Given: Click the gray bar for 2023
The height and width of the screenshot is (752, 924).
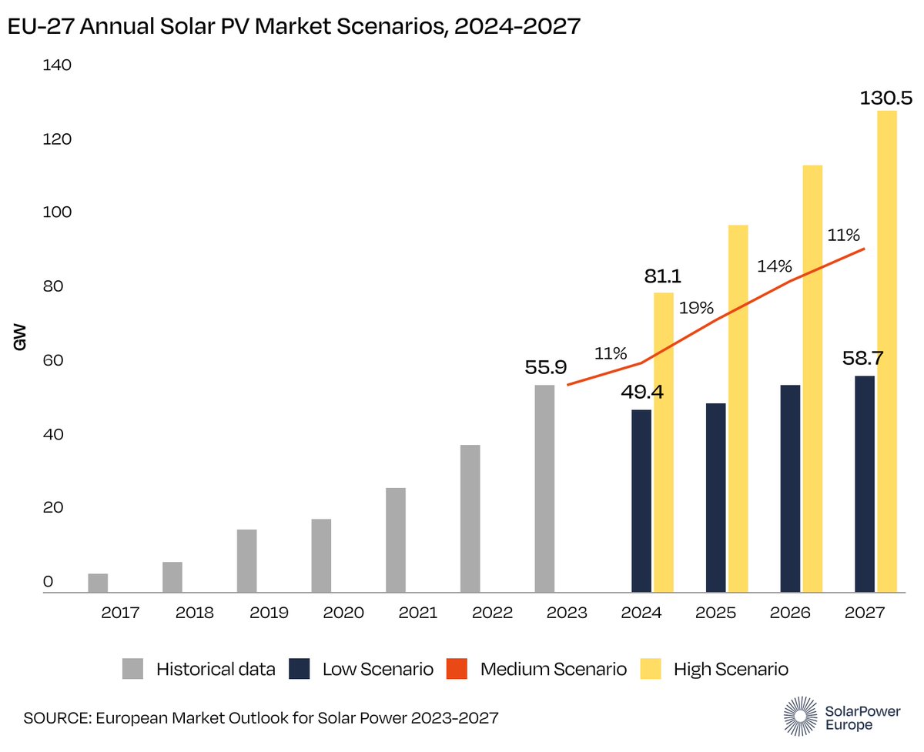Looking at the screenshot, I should pyautogui.click(x=544, y=488).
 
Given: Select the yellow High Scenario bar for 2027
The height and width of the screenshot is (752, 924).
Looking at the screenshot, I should pyautogui.click(x=887, y=351).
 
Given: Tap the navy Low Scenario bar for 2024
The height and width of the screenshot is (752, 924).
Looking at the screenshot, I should pyautogui.click(x=641, y=500).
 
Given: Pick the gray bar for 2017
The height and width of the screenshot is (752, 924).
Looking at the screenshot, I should pyautogui.click(x=98, y=583).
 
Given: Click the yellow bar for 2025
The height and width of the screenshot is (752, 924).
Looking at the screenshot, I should pyautogui.click(x=738, y=408).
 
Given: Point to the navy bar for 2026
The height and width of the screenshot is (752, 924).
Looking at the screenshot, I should pyautogui.click(x=790, y=488).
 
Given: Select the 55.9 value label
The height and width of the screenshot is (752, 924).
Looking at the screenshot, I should pyautogui.click(x=546, y=368).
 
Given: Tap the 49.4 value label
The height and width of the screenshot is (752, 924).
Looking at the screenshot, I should pyautogui.click(x=642, y=393).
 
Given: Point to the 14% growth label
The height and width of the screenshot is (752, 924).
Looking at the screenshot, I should pyautogui.click(x=774, y=266).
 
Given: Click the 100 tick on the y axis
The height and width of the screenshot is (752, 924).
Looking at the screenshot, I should pyautogui.click(x=58, y=213).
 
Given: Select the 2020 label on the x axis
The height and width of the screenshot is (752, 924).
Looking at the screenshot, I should pyautogui.click(x=343, y=613).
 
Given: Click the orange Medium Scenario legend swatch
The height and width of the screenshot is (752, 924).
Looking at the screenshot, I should pyautogui.click(x=458, y=669).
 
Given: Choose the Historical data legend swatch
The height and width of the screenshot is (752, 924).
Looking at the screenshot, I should pyautogui.click(x=133, y=669).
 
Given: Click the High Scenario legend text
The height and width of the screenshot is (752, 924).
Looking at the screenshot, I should pyautogui.click(x=731, y=669).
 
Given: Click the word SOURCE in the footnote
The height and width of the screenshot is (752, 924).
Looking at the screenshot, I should pyautogui.click(x=56, y=718).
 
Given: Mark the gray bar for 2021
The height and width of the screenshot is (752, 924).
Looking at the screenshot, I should pyautogui.click(x=396, y=540).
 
